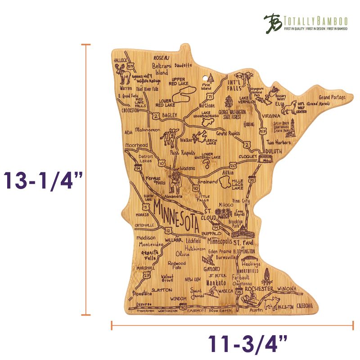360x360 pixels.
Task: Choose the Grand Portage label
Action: (332, 98)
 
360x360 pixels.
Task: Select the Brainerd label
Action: (207, 181)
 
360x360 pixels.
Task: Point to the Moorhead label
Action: (137, 146)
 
